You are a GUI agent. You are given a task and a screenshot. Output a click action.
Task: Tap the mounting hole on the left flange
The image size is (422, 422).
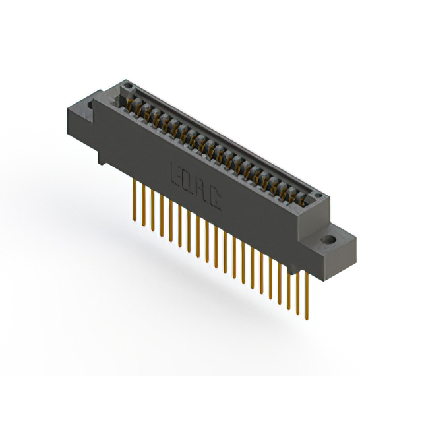click(88, 104)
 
